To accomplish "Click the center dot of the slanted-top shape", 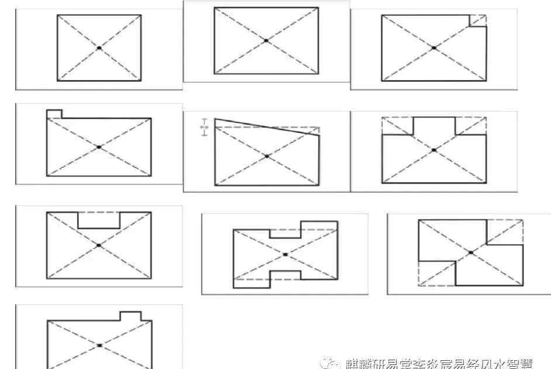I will pyautogui.click(x=267, y=156).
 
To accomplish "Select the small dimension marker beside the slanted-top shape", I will pyautogui.click(x=204, y=127).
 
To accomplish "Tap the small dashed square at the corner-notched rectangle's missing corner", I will pyautogui.click(x=478, y=20).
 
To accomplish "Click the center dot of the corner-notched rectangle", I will pyautogui.click(x=433, y=48).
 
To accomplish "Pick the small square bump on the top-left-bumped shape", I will pyautogui.click(x=54, y=113).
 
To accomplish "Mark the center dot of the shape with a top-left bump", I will pyautogui.click(x=99, y=147).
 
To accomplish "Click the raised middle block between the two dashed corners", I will pyautogui.click(x=434, y=126).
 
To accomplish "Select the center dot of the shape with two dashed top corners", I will pyautogui.click(x=433, y=150).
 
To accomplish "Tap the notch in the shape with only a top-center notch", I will pyautogui.click(x=99, y=220).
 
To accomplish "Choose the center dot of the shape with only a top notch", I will pyautogui.click(x=99, y=246).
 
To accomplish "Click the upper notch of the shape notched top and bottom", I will pyautogui.click(x=285, y=233).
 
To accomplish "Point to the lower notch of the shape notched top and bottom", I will pyautogui.click(x=285, y=275).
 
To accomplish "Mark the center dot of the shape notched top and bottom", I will pyautogui.click(x=285, y=254).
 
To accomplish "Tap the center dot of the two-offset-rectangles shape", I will pyautogui.click(x=471, y=252).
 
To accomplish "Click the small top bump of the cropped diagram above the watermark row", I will pyautogui.click(x=130, y=316).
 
